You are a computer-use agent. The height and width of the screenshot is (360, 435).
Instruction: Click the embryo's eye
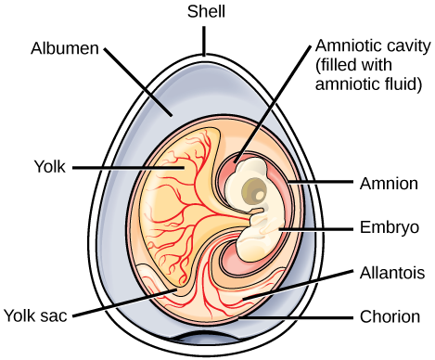click(253, 193)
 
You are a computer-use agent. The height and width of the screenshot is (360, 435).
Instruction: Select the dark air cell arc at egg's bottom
click(206, 337)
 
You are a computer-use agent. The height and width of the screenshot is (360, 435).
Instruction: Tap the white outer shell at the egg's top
click(206, 59)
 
